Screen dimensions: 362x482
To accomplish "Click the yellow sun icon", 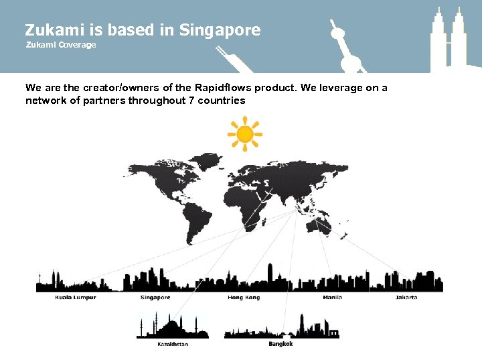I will pos(245,134).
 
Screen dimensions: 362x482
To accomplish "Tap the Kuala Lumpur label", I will pos(76,297).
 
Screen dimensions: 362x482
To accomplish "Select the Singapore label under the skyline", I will pos(155,297).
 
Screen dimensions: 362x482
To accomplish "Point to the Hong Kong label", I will pos(244,297).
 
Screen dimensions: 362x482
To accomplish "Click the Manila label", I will pos(332,297).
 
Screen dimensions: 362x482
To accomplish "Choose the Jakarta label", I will pos(406,297).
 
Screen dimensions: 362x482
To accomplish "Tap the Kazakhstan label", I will pos(172,344).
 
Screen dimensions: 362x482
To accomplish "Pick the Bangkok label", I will pos(280,344).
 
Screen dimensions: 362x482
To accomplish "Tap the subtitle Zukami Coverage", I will pos(61,45).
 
